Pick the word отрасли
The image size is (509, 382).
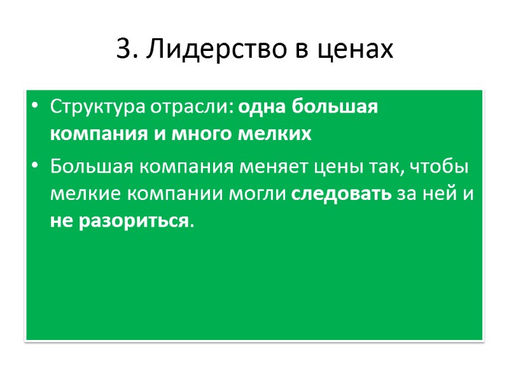pos(186,106)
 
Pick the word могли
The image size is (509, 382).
pos(261,194)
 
